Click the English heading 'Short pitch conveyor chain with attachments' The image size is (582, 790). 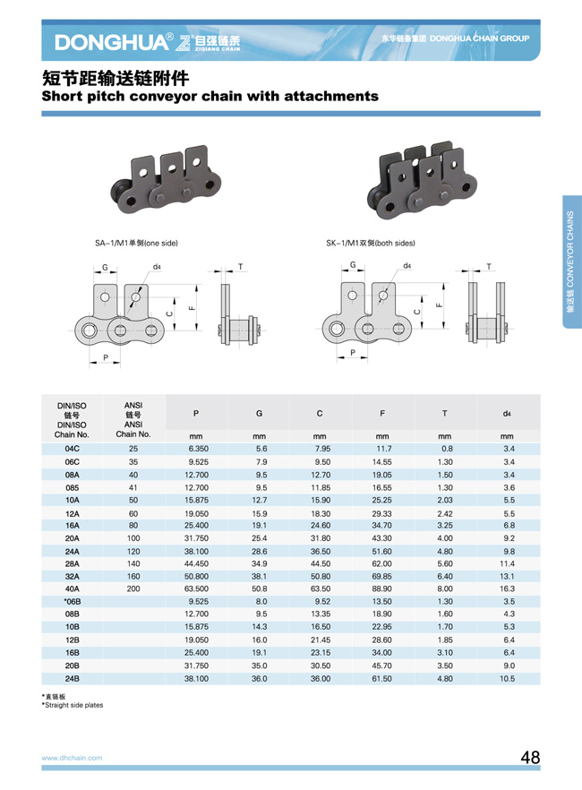[x=210, y=96]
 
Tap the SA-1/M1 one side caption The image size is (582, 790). [x=136, y=243]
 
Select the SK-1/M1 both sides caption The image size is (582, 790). [x=371, y=243]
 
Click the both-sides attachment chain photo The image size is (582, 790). [x=422, y=180]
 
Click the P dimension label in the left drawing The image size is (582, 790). [x=106, y=357]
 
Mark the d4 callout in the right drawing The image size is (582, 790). [x=407, y=265]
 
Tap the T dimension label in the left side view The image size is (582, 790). [x=240, y=267]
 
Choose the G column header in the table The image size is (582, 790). [x=259, y=414]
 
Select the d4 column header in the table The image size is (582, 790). [x=507, y=414]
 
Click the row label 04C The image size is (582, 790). [x=72, y=449]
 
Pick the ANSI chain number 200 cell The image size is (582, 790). [x=133, y=588]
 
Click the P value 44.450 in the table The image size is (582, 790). [x=196, y=563]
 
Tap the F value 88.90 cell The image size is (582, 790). [x=382, y=588]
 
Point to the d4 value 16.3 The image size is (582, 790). [x=507, y=588]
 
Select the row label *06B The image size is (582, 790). [x=72, y=602]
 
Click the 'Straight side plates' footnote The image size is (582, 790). [x=73, y=706]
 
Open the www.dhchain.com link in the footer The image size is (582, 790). [x=72, y=758]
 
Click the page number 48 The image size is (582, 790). [x=530, y=757]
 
